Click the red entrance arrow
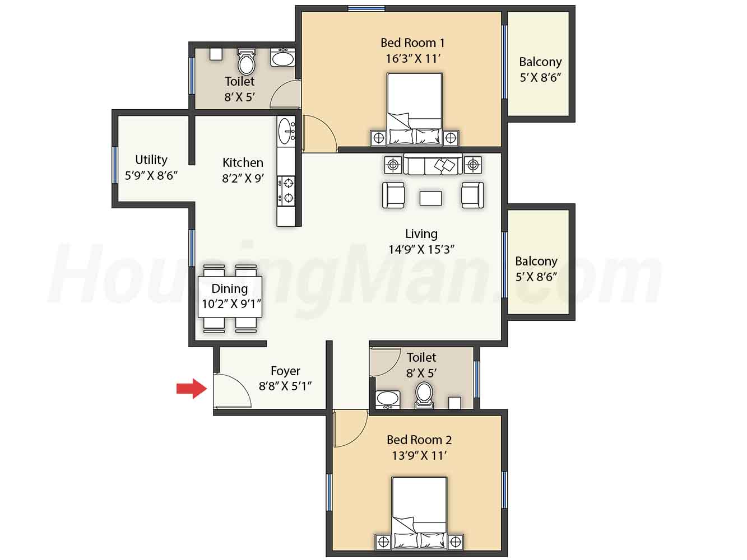[x=191, y=388]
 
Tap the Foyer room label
[x=285, y=371]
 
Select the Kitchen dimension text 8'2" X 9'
[x=243, y=178]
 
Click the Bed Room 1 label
[x=412, y=43]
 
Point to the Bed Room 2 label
[x=419, y=440]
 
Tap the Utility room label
[x=151, y=160]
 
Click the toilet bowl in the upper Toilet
[x=247, y=62]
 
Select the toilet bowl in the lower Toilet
[x=424, y=395]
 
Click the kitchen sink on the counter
[x=286, y=131]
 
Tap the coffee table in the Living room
[x=430, y=198]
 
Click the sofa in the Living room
[x=433, y=165]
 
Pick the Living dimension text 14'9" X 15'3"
[x=421, y=250]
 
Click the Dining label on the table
[x=229, y=288]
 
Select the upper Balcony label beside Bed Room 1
[x=540, y=62]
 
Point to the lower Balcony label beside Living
[x=536, y=261]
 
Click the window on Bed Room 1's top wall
[x=366, y=8]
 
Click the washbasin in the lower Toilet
[x=388, y=399]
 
